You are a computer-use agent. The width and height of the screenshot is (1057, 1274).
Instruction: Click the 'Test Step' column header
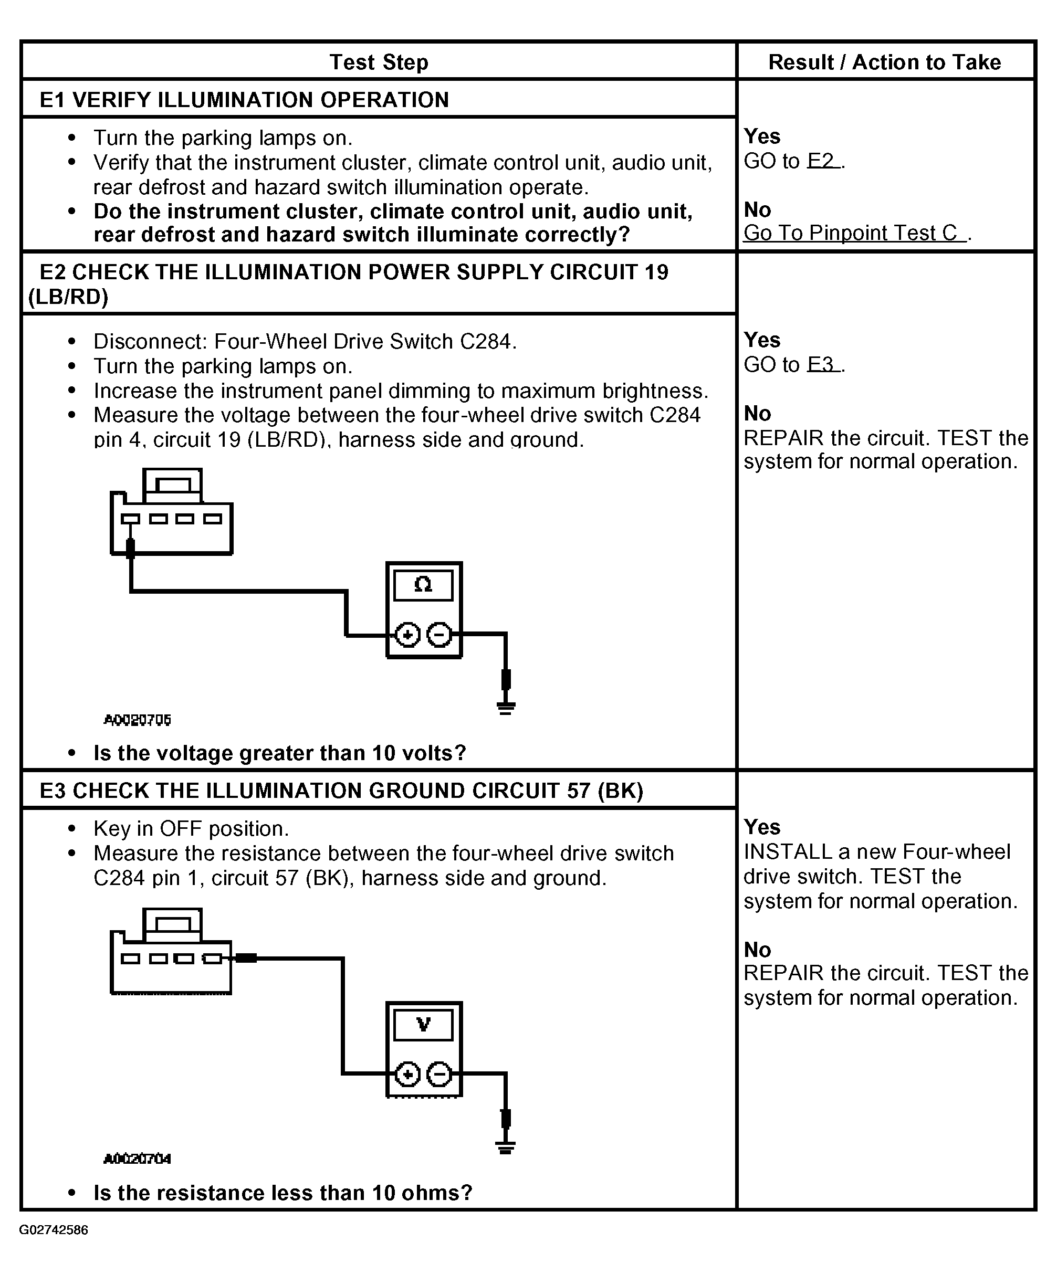379,62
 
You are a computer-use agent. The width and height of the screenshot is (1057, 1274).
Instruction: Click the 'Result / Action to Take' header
885,62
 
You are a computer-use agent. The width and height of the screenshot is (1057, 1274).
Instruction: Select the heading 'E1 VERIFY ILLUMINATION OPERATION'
244,100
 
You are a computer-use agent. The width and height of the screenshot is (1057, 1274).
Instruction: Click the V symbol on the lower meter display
424,1024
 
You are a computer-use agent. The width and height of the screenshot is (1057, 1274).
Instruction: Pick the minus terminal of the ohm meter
439,635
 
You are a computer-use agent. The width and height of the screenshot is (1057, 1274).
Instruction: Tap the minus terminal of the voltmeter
439,1075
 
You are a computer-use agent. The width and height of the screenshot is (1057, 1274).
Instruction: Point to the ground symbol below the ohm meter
506,708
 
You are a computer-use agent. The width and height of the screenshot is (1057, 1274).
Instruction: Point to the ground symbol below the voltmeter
506,1148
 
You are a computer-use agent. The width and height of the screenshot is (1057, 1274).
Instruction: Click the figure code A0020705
138,720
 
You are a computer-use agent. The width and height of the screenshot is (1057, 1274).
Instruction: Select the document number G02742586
54,1230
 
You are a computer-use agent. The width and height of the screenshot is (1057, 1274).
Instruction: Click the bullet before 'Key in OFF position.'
72,829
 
